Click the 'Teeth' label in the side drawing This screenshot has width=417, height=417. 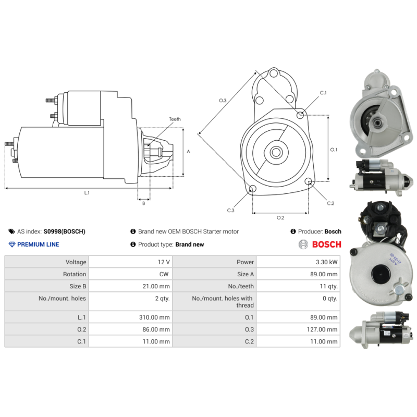click(175, 119)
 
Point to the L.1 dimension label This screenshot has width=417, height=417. click(87, 193)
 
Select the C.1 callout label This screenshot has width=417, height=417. click(323, 93)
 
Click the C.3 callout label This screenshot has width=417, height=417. click(230, 210)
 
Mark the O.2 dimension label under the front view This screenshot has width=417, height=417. click(280, 217)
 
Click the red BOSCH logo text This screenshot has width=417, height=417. click(326, 244)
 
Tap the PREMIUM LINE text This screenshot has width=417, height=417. click(38, 244)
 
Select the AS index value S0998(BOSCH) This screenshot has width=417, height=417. click(64, 231)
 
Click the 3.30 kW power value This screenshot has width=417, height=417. click(327, 262)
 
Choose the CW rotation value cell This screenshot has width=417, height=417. click(164, 274)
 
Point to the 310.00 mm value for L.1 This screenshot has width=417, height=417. click(156, 317)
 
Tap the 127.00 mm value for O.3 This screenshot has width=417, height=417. click(323, 329)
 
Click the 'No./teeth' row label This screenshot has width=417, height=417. click(240, 286)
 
